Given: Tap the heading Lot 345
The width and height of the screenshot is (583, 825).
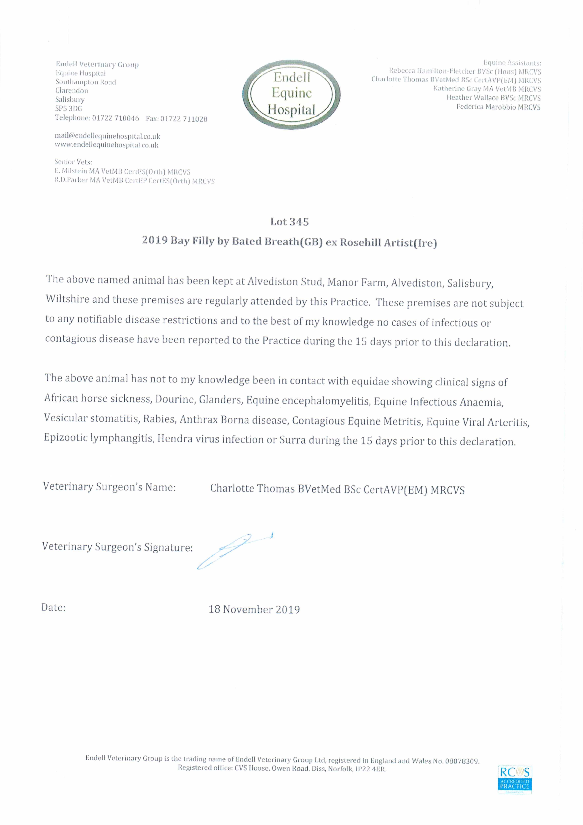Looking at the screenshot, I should tap(289, 222).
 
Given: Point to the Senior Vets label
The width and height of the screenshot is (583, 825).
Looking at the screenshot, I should tap(73, 162).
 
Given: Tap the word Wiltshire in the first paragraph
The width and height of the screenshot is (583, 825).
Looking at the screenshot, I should tap(67, 299).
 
